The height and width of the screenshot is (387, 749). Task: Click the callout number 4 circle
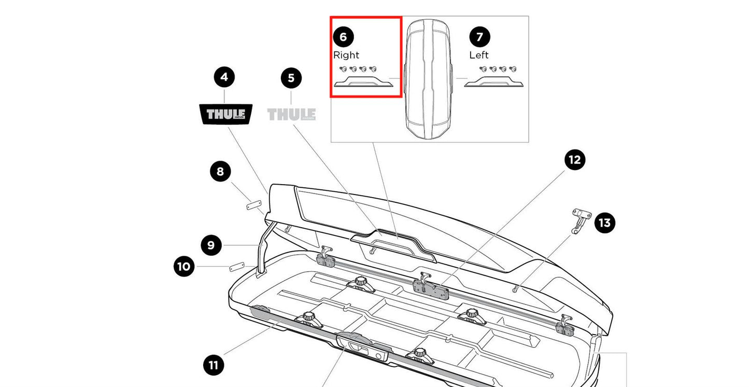(224, 77)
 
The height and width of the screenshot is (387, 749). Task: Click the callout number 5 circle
(291, 78)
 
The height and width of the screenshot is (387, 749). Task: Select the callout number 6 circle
(343, 37)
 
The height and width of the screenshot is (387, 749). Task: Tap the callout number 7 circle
(479, 37)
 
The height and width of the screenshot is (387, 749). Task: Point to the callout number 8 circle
(220, 171)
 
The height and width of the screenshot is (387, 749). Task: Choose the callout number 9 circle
(211, 245)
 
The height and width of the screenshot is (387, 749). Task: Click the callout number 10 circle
(183, 267)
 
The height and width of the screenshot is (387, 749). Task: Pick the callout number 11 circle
(213, 365)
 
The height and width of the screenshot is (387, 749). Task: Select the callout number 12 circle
(575, 160)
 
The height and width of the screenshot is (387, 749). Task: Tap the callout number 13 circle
(604, 223)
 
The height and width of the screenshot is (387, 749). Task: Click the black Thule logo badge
(225, 114)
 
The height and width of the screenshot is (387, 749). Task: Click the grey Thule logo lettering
(291, 114)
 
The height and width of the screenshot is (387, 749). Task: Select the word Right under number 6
(346, 55)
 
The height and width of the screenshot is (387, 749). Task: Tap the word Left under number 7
(479, 55)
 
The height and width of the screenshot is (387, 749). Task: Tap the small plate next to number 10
(236, 267)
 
